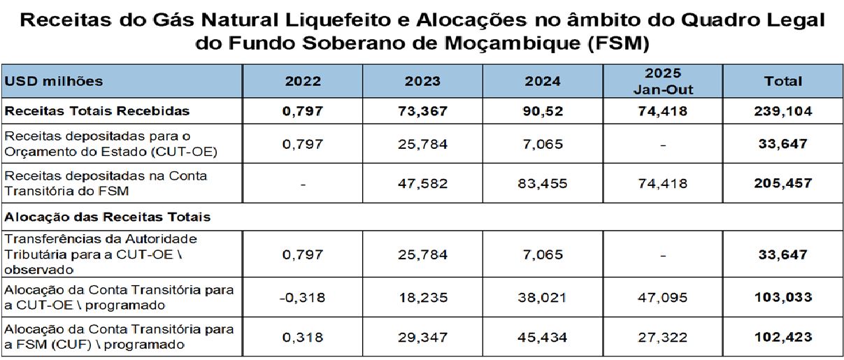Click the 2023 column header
point(422,81)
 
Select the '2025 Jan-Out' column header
point(662,81)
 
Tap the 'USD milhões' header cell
point(54,81)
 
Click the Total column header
point(783,81)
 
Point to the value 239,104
point(783,111)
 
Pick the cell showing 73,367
point(422,111)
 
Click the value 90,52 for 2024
point(543,111)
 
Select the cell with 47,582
point(422,184)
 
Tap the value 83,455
point(543,184)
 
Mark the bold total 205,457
point(783,184)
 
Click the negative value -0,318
point(302,297)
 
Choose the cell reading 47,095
point(662,297)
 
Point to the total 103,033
point(783,297)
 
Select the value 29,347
point(422,337)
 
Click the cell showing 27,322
point(662,337)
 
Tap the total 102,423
point(783,337)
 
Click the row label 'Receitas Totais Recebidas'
point(97,111)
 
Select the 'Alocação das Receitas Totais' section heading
point(108,217)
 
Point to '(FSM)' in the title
point(620,44)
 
